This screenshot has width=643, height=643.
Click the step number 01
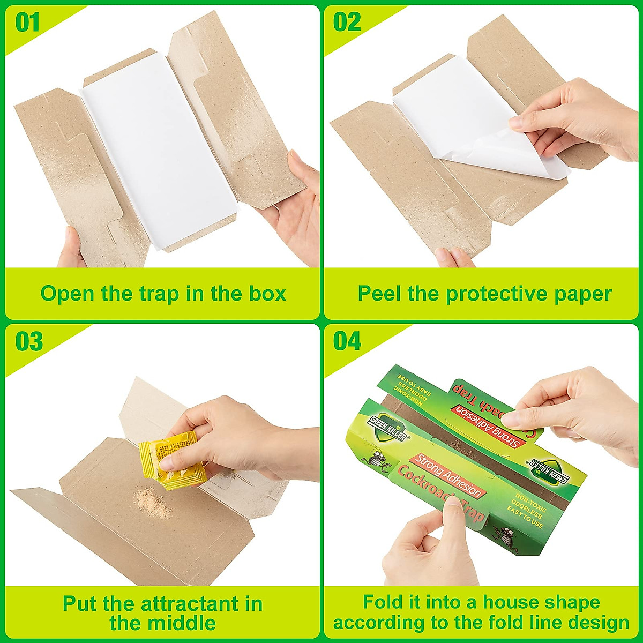click(27, 23)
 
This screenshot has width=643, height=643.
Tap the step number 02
click(347, 23)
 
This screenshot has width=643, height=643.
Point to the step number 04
click(347, 341)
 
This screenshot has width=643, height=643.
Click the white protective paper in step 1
click(155, 161)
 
